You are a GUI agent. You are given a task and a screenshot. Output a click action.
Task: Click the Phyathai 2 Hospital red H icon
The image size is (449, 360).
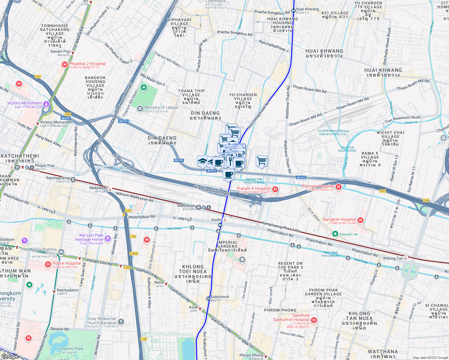pyautogui.click(x=65, y=64)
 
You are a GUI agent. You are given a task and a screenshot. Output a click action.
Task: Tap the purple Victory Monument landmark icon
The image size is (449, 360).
pyautogui.click(x=46, y=104)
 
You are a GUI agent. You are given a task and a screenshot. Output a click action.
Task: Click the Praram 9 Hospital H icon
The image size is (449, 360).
pyautogui.click(x=275, y=189)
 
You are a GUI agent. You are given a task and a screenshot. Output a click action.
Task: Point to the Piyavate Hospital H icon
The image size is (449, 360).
pyautogui.click(x=339, y=187)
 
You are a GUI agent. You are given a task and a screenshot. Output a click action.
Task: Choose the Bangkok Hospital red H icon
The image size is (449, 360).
pyautogui.click(x=360, y=220)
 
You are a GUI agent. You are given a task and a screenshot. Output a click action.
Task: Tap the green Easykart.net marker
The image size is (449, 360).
pyautogui.click(x=335, y=234)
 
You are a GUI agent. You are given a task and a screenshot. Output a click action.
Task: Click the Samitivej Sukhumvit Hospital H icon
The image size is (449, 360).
pyautogui.click(x=314, y=320)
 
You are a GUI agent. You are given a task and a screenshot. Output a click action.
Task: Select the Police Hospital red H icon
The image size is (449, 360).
pyautogui.click(x=48, y=264)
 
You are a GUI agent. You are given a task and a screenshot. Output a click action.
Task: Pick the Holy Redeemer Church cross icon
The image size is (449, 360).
pyautogui.click(x=121, y=322)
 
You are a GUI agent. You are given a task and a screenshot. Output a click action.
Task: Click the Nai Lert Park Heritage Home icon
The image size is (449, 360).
pyautogui.click(x=108, y=238)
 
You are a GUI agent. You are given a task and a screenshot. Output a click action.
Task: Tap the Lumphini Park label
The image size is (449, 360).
pyautogui.click(x=70, y=349)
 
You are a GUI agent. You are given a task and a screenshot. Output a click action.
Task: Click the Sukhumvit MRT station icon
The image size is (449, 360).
pyautogui.click(x=208, y=298)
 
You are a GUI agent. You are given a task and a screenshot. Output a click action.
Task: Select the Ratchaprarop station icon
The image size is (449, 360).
pyautogui.click(x=73, y=180)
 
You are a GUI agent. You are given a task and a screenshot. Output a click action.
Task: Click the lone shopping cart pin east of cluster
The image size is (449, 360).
pyautogui.click(x=261, y=161)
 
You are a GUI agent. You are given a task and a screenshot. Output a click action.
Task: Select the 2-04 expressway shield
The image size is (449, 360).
pyautogui.click(x=426, y=200)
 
